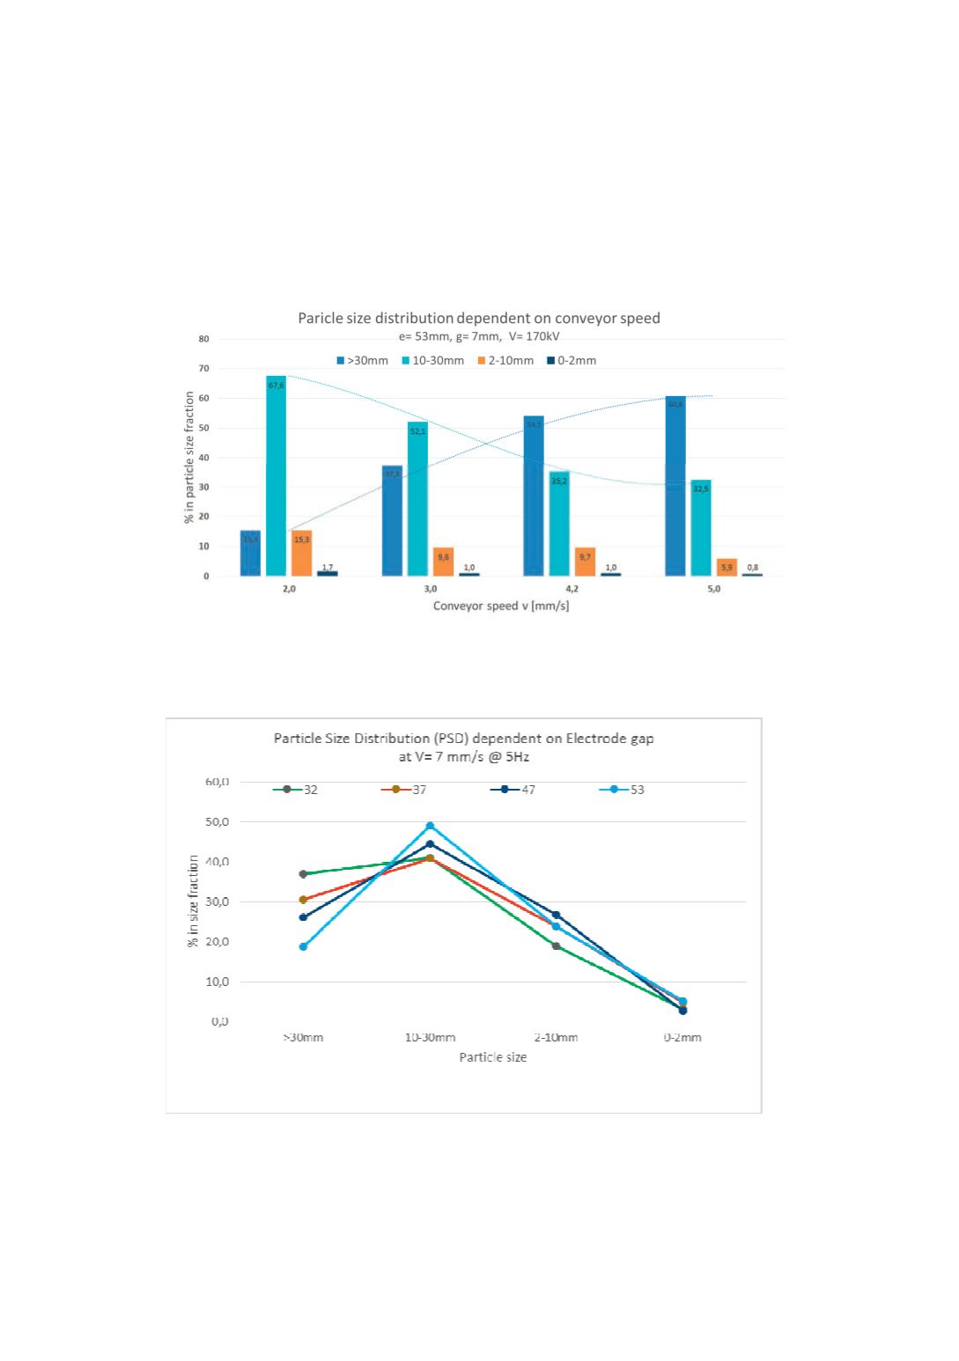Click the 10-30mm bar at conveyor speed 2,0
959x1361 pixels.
click(x=276, y=475)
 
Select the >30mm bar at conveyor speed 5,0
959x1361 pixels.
click(x=675, y=486)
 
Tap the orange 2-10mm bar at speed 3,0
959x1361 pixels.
click(x=444, y=562)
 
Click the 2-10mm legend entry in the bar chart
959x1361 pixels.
click(x=505, y=361)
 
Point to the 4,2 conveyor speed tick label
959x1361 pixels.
click(x=572, y=589)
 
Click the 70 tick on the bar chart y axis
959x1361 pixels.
click(x=203, y=369)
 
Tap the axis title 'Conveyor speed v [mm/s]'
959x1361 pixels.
click(x=500, y=606)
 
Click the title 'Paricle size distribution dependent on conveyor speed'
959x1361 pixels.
click(x=479, y=318)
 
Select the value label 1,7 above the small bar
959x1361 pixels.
click(x=328, y=567)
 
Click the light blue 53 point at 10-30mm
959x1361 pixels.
click(x=430, y=826)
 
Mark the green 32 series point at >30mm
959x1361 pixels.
click(x=303, y=874)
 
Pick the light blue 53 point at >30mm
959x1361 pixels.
click(x=303, y=947)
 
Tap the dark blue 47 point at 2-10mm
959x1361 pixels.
click(x=556, y=916)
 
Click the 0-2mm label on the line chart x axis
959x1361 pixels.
click(x=682, y=1037)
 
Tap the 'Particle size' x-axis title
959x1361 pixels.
click(x=492, y=1056)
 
